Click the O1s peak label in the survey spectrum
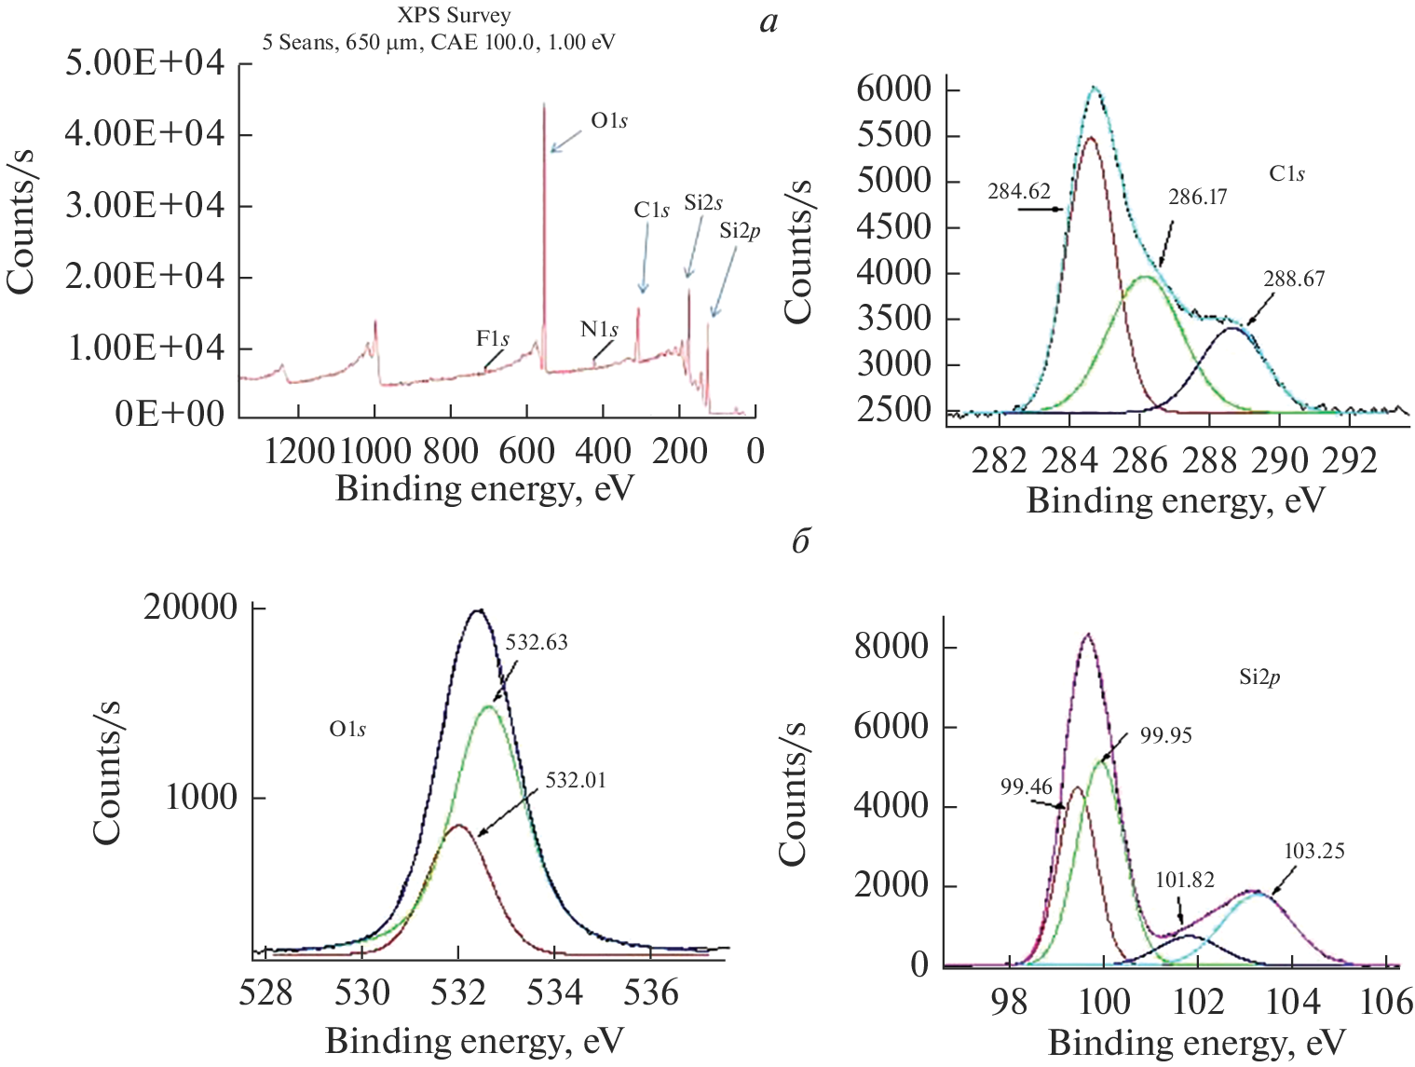click(609, 121)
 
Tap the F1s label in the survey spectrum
click(493, 338)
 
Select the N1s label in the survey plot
click(599, 329)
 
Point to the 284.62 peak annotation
click(1019, 192)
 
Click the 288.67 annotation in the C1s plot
click(1294, 279)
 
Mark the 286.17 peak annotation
click(1197, 198)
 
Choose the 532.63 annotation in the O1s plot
click(537, 643)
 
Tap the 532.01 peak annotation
click(576, 781)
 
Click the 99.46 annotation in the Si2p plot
click(1027, 787)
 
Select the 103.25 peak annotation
click(1313, 851)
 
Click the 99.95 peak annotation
click(1166, 736)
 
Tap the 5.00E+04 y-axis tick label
click(145, 64)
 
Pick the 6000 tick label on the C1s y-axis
click(893, 89)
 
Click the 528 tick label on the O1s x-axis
click(265, 993)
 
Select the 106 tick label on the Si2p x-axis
click(1386, 1003)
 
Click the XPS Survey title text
click(454, 15)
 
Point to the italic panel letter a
click(769, 21)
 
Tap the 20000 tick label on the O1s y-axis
click(191, 608)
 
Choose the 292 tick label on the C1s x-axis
click(1350, 460)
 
